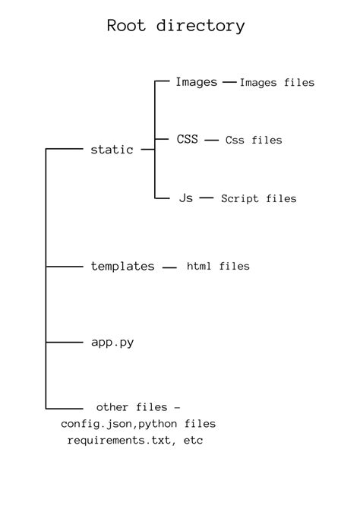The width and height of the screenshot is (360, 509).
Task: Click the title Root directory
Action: click(175, 26)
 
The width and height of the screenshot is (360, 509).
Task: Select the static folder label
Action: click(112, 150)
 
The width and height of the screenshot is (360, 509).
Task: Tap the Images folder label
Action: click(196, 82)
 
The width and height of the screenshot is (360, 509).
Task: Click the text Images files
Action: click(276, 83)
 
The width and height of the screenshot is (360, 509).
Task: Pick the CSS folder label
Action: click(188, 140)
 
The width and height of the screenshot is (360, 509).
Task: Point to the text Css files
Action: click(254, 141)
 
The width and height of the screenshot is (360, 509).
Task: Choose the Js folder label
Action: click(186, 198)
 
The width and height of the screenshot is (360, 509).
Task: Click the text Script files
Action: click(258, 198)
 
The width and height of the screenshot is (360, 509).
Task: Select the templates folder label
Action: click(122, 267)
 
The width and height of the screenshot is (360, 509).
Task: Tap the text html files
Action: click(218, 267)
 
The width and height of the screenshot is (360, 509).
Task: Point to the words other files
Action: click(134, 408)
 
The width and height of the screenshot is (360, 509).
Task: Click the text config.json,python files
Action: click(138, 424)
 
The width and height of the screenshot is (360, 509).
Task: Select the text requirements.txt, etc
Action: click(134, 441)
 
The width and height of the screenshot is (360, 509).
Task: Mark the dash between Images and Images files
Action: click(229, 82)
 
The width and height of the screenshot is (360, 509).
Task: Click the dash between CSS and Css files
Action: click(212, 140)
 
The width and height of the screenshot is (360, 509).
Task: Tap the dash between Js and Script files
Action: click(206, 198)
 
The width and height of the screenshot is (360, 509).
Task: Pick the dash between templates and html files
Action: click(170, 267)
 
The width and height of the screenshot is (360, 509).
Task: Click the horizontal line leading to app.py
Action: click(64, 343)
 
